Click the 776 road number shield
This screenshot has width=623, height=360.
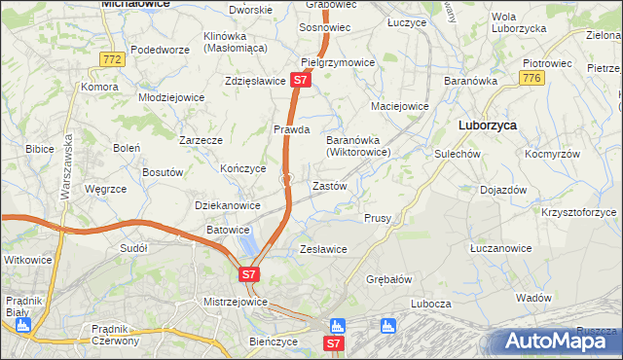(x=531, y=77)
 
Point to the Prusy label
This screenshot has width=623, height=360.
(x=378, y=218)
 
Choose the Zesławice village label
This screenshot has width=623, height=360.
(x=323, y=249)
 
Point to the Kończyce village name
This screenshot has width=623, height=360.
(x=243, y=167)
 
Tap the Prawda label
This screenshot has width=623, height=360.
(x=291, y=128)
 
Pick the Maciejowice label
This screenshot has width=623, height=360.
(x=400, y=105)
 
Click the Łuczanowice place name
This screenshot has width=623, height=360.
(x=499, y=248)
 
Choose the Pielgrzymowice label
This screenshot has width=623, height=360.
(x=338, y=62)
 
